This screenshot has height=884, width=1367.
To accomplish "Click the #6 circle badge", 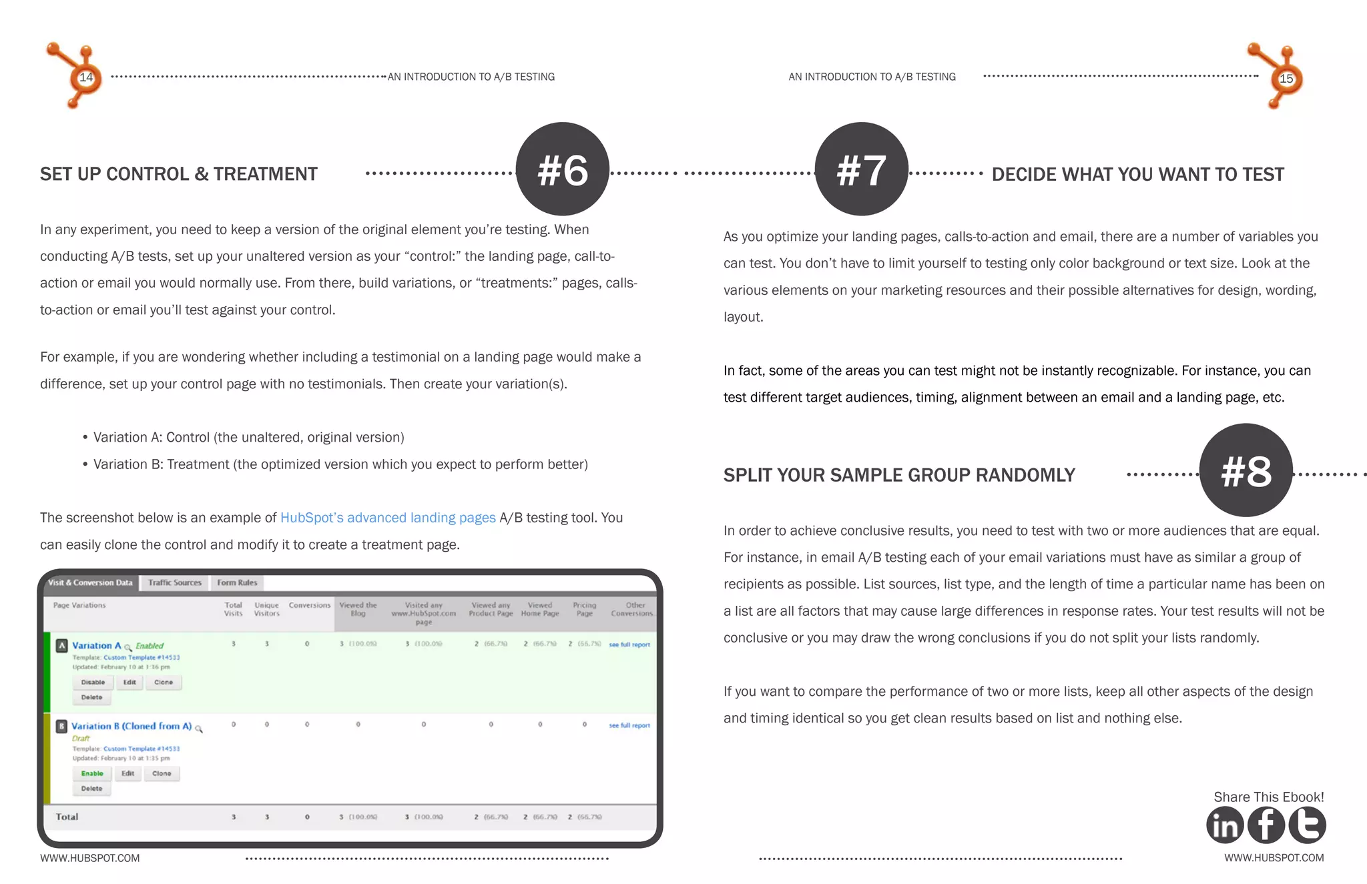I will coord(562,169).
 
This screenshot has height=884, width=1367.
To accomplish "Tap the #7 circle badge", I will coord(861,169).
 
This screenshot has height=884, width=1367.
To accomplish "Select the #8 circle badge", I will coord(1246,470).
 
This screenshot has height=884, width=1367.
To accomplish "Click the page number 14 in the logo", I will coord(86,77).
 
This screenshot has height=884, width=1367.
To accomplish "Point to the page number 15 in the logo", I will coord(1286,79).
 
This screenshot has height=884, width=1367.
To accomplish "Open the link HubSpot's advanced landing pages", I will coord(388,518).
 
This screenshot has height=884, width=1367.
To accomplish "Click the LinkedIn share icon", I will coord(1225,825).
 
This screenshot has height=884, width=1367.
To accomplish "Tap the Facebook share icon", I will coord(1266,825).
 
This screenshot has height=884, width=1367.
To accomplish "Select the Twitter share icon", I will coord(1307,825).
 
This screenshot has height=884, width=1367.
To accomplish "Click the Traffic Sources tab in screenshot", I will coord(175,582).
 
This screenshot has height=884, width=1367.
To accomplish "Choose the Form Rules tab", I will coord(237,582).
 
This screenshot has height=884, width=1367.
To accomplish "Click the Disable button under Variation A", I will coord(93,682).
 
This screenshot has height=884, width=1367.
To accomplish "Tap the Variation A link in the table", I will coord(97,645).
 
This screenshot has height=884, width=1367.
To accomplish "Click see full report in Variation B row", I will coord(629,725).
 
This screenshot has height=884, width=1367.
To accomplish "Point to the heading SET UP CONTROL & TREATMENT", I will coord(179,174).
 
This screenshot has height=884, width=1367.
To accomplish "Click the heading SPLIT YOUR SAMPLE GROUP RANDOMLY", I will coord(899,475).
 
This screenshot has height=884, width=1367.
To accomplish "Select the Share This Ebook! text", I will coord(1268,797).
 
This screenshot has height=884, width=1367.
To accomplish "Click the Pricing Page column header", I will coord(584,609).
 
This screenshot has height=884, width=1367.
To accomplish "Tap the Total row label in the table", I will coord(67,817).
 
